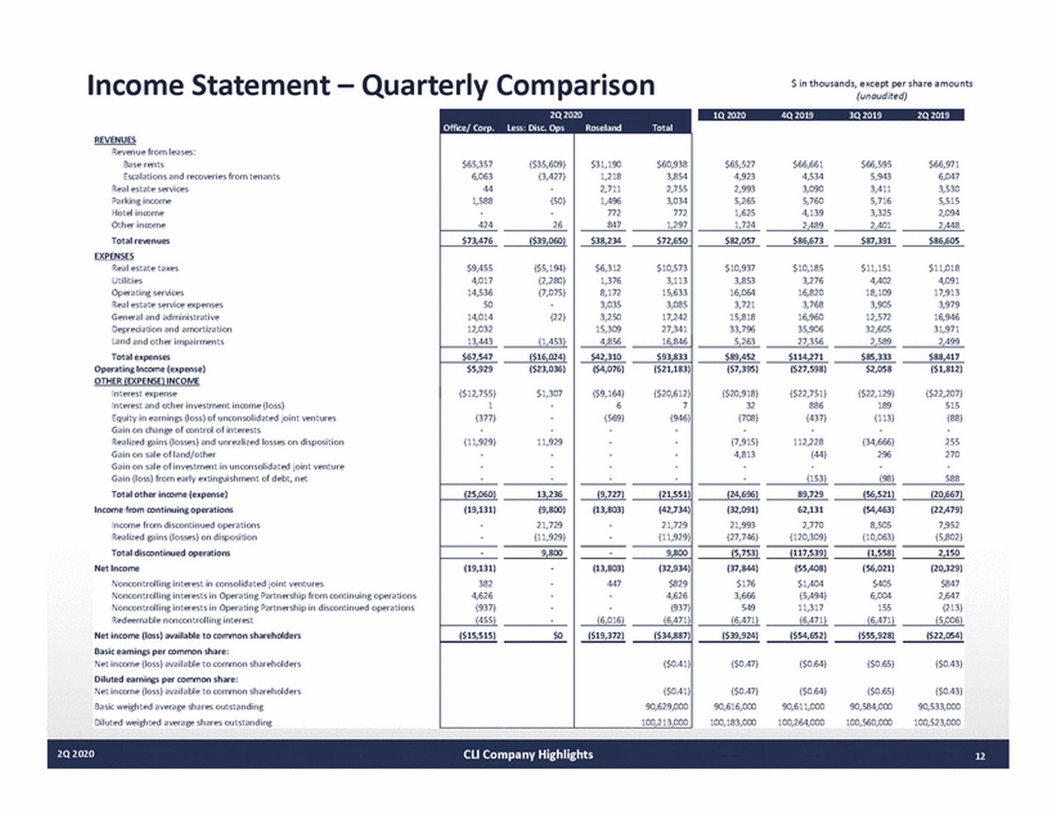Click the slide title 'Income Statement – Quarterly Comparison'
371,85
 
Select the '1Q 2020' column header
729,115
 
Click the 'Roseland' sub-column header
603,128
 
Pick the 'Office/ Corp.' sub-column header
468,128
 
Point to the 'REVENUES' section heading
115,140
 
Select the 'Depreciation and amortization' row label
172,329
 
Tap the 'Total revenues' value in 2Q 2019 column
943,241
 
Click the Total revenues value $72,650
672,241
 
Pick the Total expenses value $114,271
807,357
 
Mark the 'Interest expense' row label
144,393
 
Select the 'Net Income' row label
116,568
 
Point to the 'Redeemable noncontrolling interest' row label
182,619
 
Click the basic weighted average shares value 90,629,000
666,707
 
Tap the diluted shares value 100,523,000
937,722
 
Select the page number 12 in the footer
980,755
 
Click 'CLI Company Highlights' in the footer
528,754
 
